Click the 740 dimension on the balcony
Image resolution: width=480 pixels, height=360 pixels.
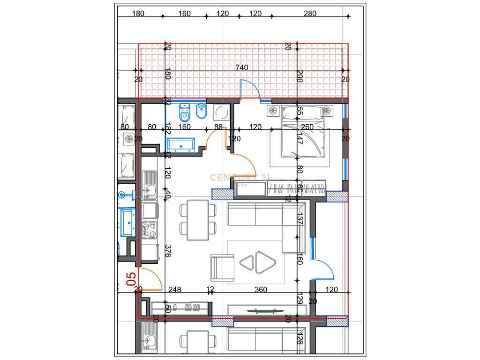(241, 68)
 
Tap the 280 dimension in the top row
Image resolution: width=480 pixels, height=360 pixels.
(310, 14)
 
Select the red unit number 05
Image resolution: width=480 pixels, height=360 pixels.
(132, 279)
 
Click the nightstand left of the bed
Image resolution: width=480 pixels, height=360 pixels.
(273, 111)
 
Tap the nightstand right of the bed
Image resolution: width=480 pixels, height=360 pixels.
(326, 111)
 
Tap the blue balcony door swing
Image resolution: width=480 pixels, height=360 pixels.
(251, 89)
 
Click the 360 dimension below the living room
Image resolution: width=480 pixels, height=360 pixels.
(261, 290)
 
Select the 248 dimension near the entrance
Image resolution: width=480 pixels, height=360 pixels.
(175, 290)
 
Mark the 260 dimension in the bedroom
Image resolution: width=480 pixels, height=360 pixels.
(307, 127)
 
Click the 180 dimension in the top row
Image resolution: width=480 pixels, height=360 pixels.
(138, 14)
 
